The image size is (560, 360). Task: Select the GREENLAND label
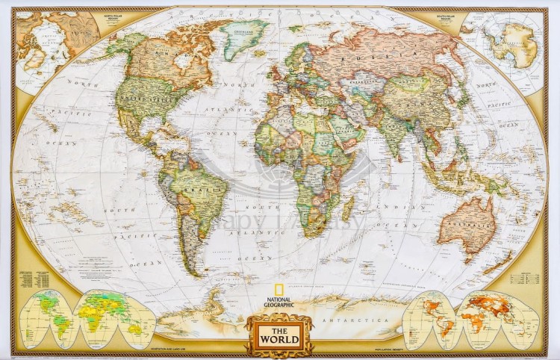[241, 33]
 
